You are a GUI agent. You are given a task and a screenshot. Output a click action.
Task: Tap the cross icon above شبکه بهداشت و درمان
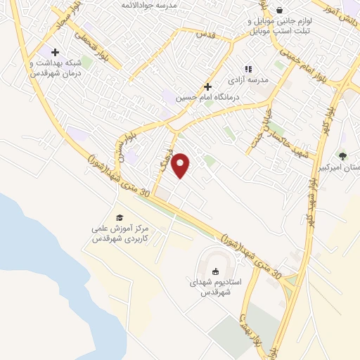tap(55, 52)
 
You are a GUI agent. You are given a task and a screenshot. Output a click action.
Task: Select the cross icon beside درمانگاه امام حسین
tap(207, 86)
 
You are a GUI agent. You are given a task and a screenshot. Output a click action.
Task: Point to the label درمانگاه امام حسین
tap(208, 96)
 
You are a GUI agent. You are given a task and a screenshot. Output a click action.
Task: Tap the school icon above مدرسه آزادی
tap(247, 69)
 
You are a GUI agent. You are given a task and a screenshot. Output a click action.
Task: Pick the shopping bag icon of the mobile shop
tap(281, 11)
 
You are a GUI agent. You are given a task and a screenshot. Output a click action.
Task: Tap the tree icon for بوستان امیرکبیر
tap(342, 156)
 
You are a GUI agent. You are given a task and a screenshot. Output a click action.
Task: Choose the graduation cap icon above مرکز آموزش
tap(119, 217)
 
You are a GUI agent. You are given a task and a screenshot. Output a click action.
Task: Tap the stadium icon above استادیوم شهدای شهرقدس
tap(215, 271)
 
